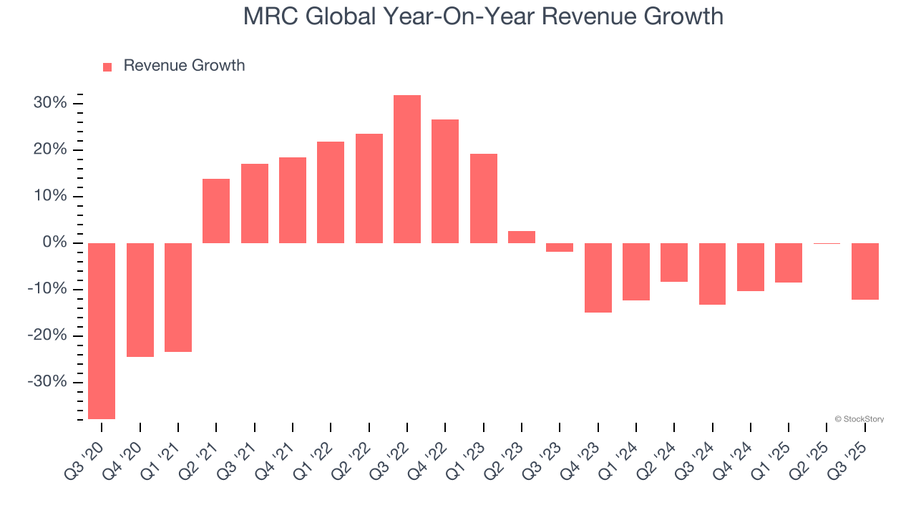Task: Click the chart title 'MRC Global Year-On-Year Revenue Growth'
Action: (x=483, y=16)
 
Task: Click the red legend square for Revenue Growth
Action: (x=107, y=67)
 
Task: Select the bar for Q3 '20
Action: (x=102, y=330)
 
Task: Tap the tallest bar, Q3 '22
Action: (x=407, y=169)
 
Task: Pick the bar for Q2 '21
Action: (x=216, y=211)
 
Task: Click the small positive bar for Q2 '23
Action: (x=522, y=237)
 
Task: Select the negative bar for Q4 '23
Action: (x=598, y=278)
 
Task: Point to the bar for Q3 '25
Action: (x=865, y=271)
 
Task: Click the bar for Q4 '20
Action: (x=140, y=300)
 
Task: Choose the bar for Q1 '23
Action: (x=484, y=198)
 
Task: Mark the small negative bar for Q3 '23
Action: (x=560, y=247)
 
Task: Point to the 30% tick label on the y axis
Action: (x=50, y=103)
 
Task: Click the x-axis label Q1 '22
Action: (x=318, y=452)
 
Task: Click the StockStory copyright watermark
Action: (x=859, y=419)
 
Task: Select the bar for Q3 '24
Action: (x=712, y=274)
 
